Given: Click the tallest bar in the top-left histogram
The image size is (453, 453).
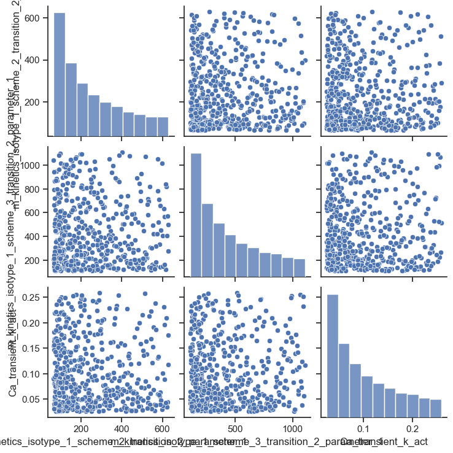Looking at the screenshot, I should coord(60,74).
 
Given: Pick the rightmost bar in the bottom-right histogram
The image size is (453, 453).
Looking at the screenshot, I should coord(435,409).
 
